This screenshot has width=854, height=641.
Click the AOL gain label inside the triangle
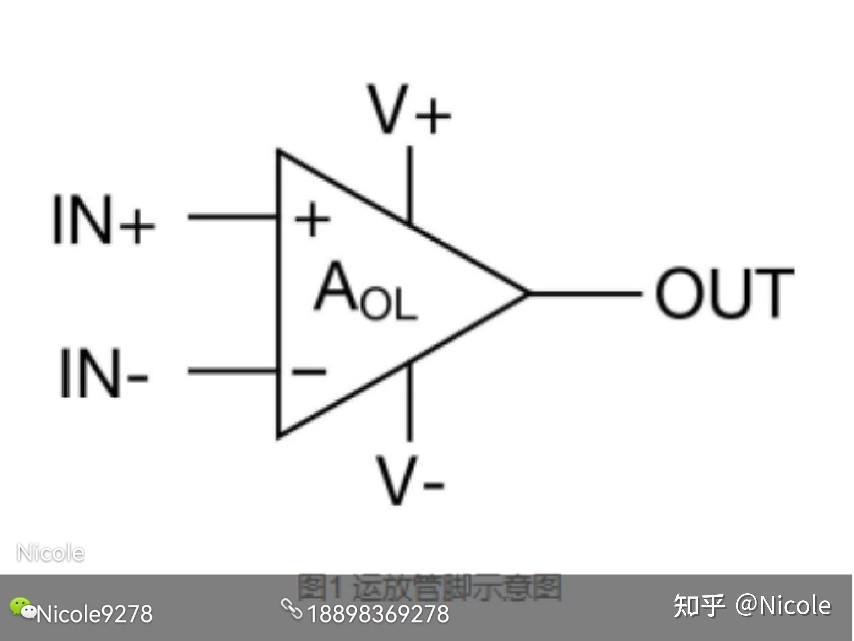point(365,292)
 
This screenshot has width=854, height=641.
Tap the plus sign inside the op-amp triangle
point(312,219)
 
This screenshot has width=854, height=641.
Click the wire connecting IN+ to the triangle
point(232,217)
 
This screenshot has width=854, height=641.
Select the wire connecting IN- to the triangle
point(232,371)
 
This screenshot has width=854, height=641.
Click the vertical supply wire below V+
point(410,182)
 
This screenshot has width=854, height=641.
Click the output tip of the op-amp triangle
point(526,294)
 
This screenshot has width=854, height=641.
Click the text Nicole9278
point(95,614)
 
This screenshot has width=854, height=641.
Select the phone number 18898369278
point(378,614)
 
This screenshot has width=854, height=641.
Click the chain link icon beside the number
point(291,609)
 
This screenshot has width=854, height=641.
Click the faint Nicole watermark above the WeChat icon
point(51,553)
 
